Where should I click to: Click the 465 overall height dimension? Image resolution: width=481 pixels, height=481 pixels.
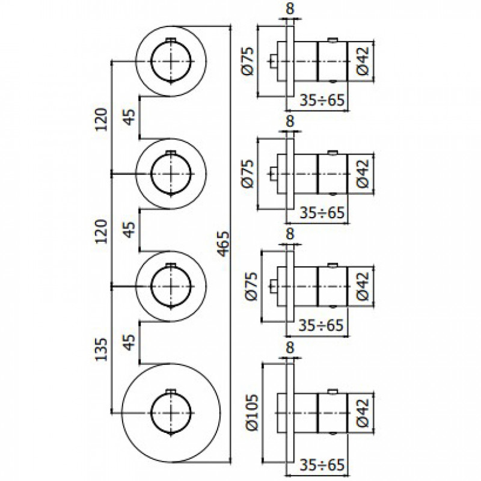click(x=224, y=244)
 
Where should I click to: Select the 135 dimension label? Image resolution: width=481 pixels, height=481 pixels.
click(x=102, y=349)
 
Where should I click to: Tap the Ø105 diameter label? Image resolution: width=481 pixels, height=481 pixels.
click(x=253, y=413)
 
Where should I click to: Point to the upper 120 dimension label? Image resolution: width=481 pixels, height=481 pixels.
click(x=102, y=120)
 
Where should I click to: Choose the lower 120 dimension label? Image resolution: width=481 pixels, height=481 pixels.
click(x=102, y=231)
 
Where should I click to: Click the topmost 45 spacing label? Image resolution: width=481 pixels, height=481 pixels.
click(x=130, y=117)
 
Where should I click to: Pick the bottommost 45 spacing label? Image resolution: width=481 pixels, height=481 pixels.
click(x=130, y=342)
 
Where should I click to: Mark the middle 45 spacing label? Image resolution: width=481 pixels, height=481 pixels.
click(x=130, y=229)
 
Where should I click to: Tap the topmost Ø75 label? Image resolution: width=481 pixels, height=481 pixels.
click(x=248, y=61)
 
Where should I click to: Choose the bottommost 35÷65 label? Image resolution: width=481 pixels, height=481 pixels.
click(x=322, y=465)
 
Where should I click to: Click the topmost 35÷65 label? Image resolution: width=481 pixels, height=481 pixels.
click(x=322, y=100)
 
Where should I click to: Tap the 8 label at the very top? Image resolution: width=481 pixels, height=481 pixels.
click(x=290, y=8)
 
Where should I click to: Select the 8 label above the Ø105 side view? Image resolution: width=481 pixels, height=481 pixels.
click(x=290, y=348)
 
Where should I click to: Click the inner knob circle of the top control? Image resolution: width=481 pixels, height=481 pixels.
click(x=152, y=61)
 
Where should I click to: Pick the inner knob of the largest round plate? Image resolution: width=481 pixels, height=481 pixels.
click(x=152, y=412)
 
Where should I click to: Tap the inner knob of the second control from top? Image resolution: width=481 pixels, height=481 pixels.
click(x=152, y=174)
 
